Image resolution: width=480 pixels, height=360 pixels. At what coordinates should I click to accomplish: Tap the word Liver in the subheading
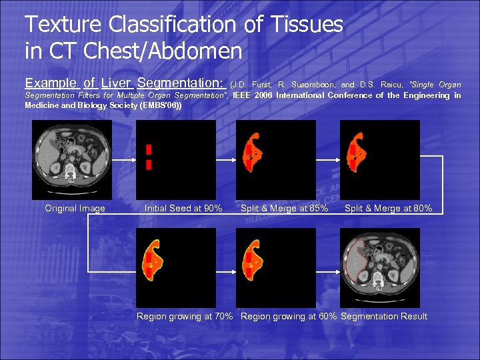[x=116, y=83]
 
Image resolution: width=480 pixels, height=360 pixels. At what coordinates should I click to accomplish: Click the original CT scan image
[x=72, y=159]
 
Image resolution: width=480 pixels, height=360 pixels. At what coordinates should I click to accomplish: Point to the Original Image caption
[x=75, y=209]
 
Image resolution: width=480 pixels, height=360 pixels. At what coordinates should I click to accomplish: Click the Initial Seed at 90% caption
[x=183, y=209]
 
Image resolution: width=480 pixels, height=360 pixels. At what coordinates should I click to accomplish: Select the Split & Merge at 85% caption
[x=284, y=209]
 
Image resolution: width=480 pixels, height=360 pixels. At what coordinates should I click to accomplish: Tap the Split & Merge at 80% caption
[x=388, y=209]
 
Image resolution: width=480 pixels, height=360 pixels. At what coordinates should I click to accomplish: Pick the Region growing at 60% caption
[x=289, y=317]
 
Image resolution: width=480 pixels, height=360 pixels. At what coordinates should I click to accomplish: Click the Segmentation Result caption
[x=384, y=317]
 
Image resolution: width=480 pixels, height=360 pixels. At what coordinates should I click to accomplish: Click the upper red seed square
[x=149, y=149]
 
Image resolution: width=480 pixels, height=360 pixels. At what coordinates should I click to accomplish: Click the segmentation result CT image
[x=380, y=267]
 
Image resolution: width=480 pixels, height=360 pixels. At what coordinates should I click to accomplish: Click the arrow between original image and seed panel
[x=123, y=160]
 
